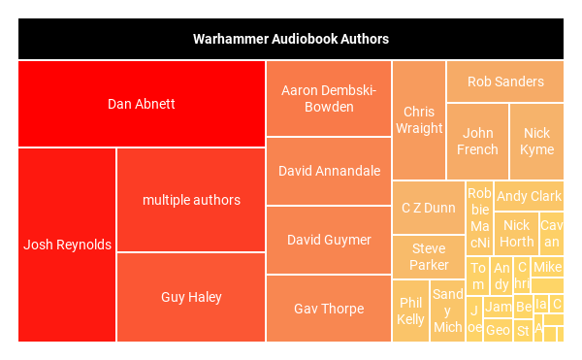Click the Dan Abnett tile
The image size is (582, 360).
[x=142, y=104]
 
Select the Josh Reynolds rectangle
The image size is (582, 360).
[x=67, y=245]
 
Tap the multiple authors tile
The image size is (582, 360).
[x=191, y=200]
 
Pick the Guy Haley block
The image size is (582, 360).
[x=191, y=297]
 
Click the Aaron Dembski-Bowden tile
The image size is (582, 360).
[x=329, y=98]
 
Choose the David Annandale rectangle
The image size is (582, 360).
[x=329, y=171]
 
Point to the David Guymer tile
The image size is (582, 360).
[x=329, y=240]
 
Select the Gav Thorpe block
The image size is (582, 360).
[x=329, y=309]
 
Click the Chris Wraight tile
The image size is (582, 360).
[x=419, y=119]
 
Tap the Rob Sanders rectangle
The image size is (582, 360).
[x=505, y=82]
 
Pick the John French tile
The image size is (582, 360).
[x=477, y=142]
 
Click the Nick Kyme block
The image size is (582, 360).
[x=536, y=142]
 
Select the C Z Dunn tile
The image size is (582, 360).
[x=428, y=208]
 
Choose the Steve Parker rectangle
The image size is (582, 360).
[x=428, y=256]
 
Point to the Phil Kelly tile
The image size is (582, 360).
[x=410, y=311]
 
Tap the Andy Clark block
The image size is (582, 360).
[x=529, y=196]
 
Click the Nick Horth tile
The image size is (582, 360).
[x=516, y=234]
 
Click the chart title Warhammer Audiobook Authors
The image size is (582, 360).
[x=291, y=40]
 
